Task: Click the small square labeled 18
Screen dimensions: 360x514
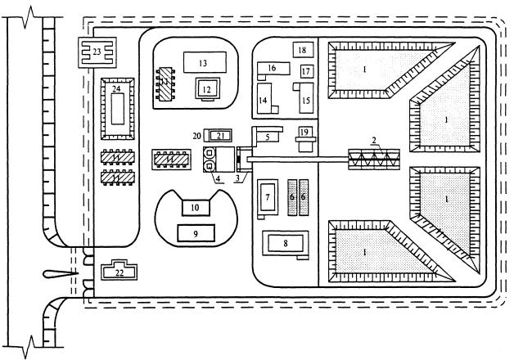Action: (302, 51)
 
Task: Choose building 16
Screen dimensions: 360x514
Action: (275, 69)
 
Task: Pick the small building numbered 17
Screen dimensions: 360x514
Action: (305, 72)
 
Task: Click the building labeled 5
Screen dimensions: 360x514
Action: (268, 136)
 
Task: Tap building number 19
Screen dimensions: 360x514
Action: (303, 133)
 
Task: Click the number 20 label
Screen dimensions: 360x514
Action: (196, 134)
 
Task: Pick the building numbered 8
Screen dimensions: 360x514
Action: (286, 242)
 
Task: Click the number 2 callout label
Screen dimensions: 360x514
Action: (375, 141)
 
